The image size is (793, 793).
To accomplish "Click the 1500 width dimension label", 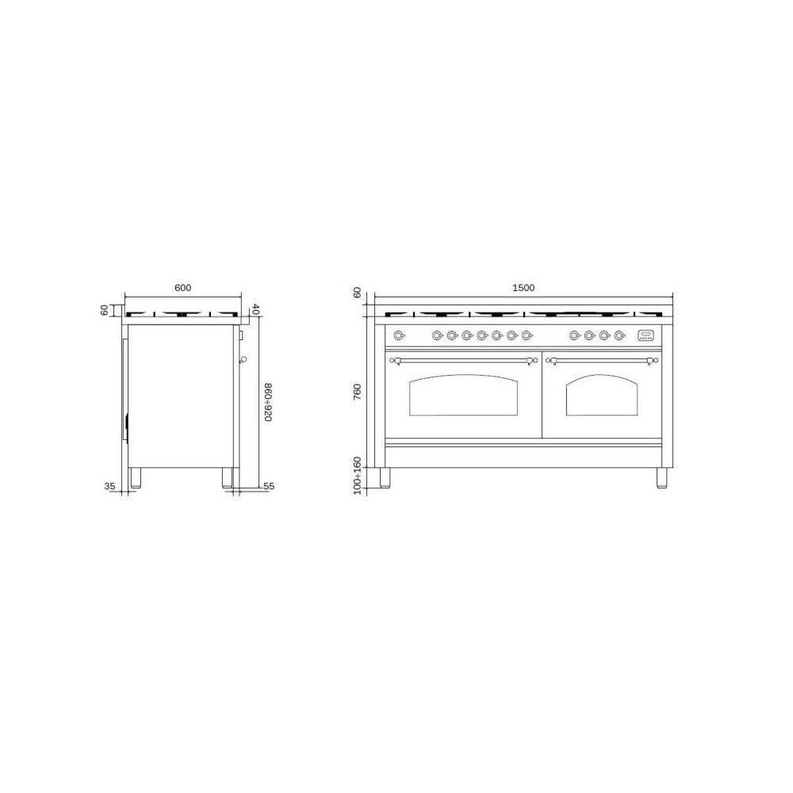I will pos(524,288).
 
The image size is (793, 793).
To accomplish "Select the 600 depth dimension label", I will pos(182,288).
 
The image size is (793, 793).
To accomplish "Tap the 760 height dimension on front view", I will pos(358,392).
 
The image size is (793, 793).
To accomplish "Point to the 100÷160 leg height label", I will pos(358,475).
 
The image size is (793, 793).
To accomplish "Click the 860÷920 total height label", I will pos(267,400).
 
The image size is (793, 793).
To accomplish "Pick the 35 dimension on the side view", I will pos(109,485).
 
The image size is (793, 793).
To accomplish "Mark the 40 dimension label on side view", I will pos(255,309).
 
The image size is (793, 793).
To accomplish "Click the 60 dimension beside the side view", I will pos(105,309).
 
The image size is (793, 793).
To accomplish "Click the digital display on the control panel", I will pos(647,335).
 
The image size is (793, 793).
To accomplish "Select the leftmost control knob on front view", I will pos(399,335).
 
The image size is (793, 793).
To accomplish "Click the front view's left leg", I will pos(385,478).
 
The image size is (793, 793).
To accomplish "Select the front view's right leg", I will pos(662,478).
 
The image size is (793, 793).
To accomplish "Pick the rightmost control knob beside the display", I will pos(620,335).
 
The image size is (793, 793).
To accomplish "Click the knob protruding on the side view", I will pos(243,360).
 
